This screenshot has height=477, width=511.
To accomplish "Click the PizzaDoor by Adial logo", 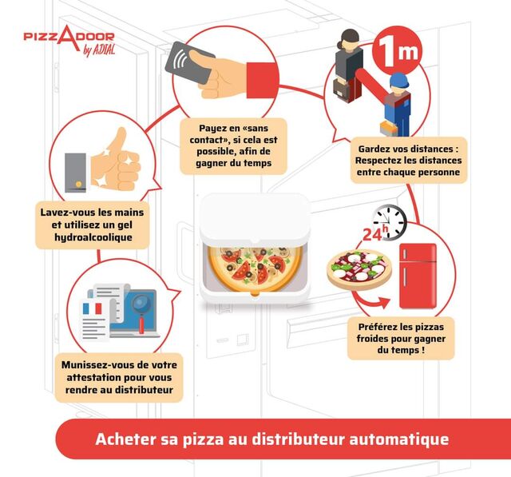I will pyautogui.click(x=69, y=42).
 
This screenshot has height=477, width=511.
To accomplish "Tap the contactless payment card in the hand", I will pyautogui.click(x=189, y=63).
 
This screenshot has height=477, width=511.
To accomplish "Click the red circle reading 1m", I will pyautogui.click(x=397, y=53).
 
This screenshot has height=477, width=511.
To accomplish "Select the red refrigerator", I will pyautogui.click(x=418, y=275).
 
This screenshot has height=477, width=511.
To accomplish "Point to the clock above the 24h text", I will pyautogui.click(x=390, y=221).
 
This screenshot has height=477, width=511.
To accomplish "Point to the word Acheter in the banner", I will pyautogui.click(x=124, y=439).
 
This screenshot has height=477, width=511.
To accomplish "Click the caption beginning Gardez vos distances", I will pyautogui.click(x=409, y=159).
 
